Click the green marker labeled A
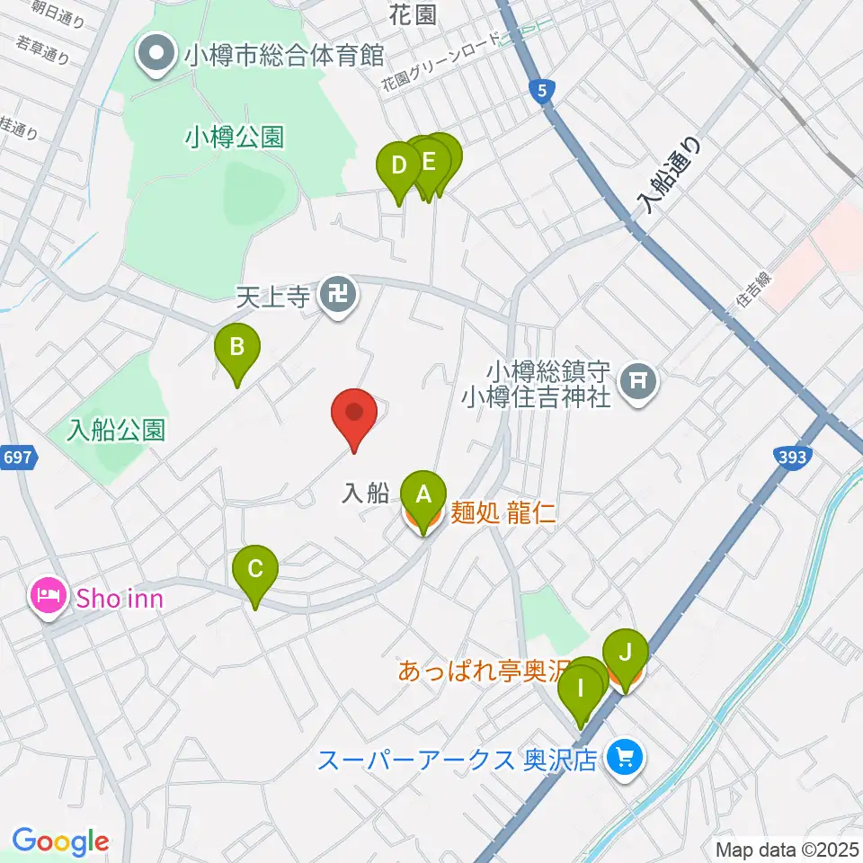click(x=423, y=494)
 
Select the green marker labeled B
click(x=236, y=348)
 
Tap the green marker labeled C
click(x=255, y=570)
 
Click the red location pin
click(x=354, y=414)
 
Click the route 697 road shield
click(x=22, y=458)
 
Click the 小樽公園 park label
click(x=235, y=137)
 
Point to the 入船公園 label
click(x=117, y=430)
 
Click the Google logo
click(x=61, y=841)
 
